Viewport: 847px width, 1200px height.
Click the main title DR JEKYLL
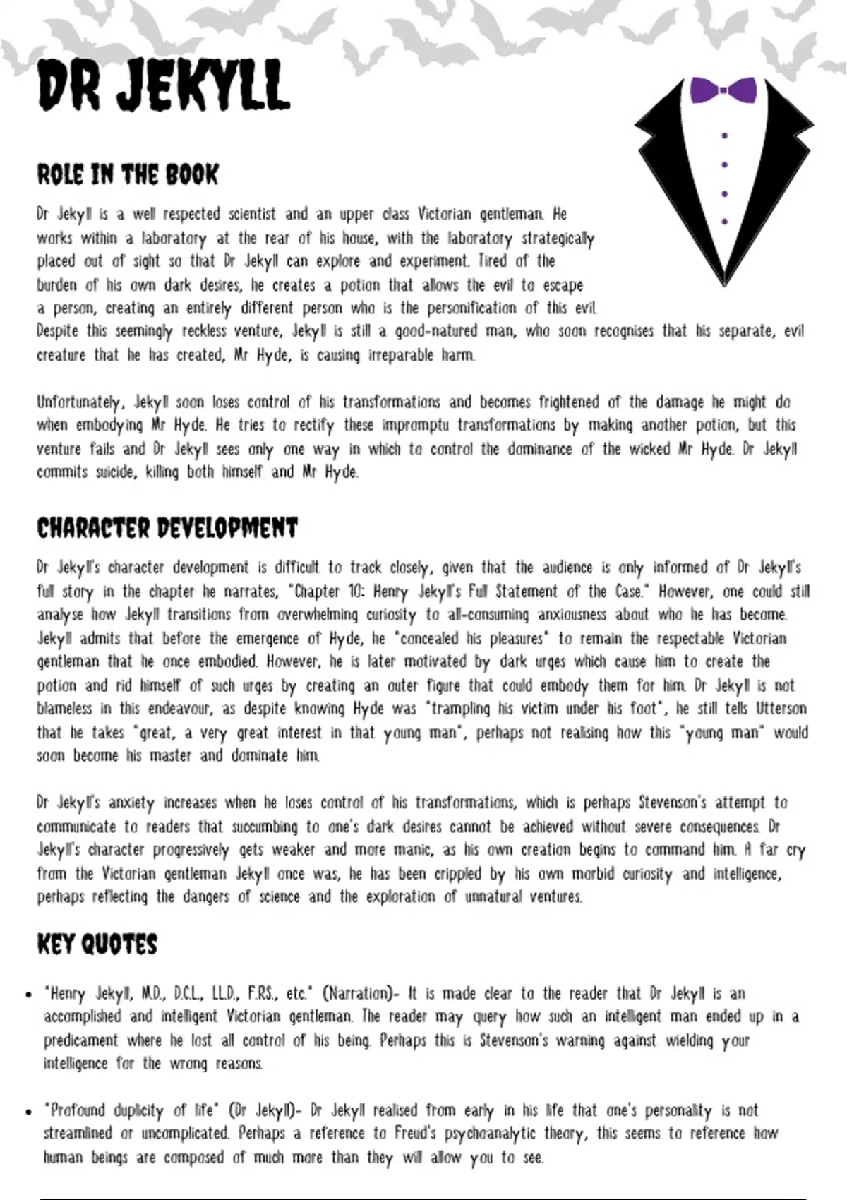tap(164, 85)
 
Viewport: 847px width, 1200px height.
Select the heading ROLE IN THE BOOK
tap(128, 175)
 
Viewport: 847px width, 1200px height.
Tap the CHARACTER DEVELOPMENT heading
tap(167, 528)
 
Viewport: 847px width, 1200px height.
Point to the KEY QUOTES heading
tap(97, 944)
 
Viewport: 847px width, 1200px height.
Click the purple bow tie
tap(723, 90)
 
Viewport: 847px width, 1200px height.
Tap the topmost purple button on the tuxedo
tap(725, 136)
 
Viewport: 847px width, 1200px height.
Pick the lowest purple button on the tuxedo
tap(725, 222)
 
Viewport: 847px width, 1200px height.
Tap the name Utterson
tap(781, 708)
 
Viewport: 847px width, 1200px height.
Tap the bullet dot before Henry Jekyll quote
tap(29, 995)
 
